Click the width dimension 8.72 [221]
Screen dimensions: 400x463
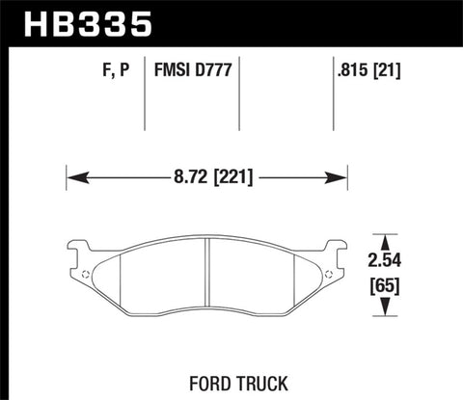[x=206, y=177]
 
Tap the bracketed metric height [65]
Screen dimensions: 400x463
[x=386, y=285]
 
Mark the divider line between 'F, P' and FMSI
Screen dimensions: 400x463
[x=145, y=96]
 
